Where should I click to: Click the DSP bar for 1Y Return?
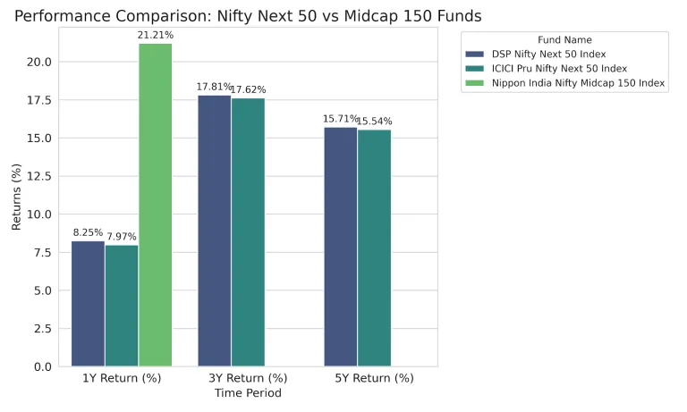tap(88, 304)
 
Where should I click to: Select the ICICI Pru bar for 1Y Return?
tap(122, 306)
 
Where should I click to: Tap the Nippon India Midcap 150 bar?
tap(156, 205)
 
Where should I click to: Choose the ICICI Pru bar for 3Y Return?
tap(248, 232)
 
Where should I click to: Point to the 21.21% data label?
tap(156, 36)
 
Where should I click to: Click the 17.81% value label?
tap(214, 88)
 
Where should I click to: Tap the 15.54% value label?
tap(374, 122)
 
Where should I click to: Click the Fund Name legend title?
tap(564, 39)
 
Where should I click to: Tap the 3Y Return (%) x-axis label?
tap(248, 378)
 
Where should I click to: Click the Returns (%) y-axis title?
tap(16, 197)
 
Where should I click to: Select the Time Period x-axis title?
tap(248, 393)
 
